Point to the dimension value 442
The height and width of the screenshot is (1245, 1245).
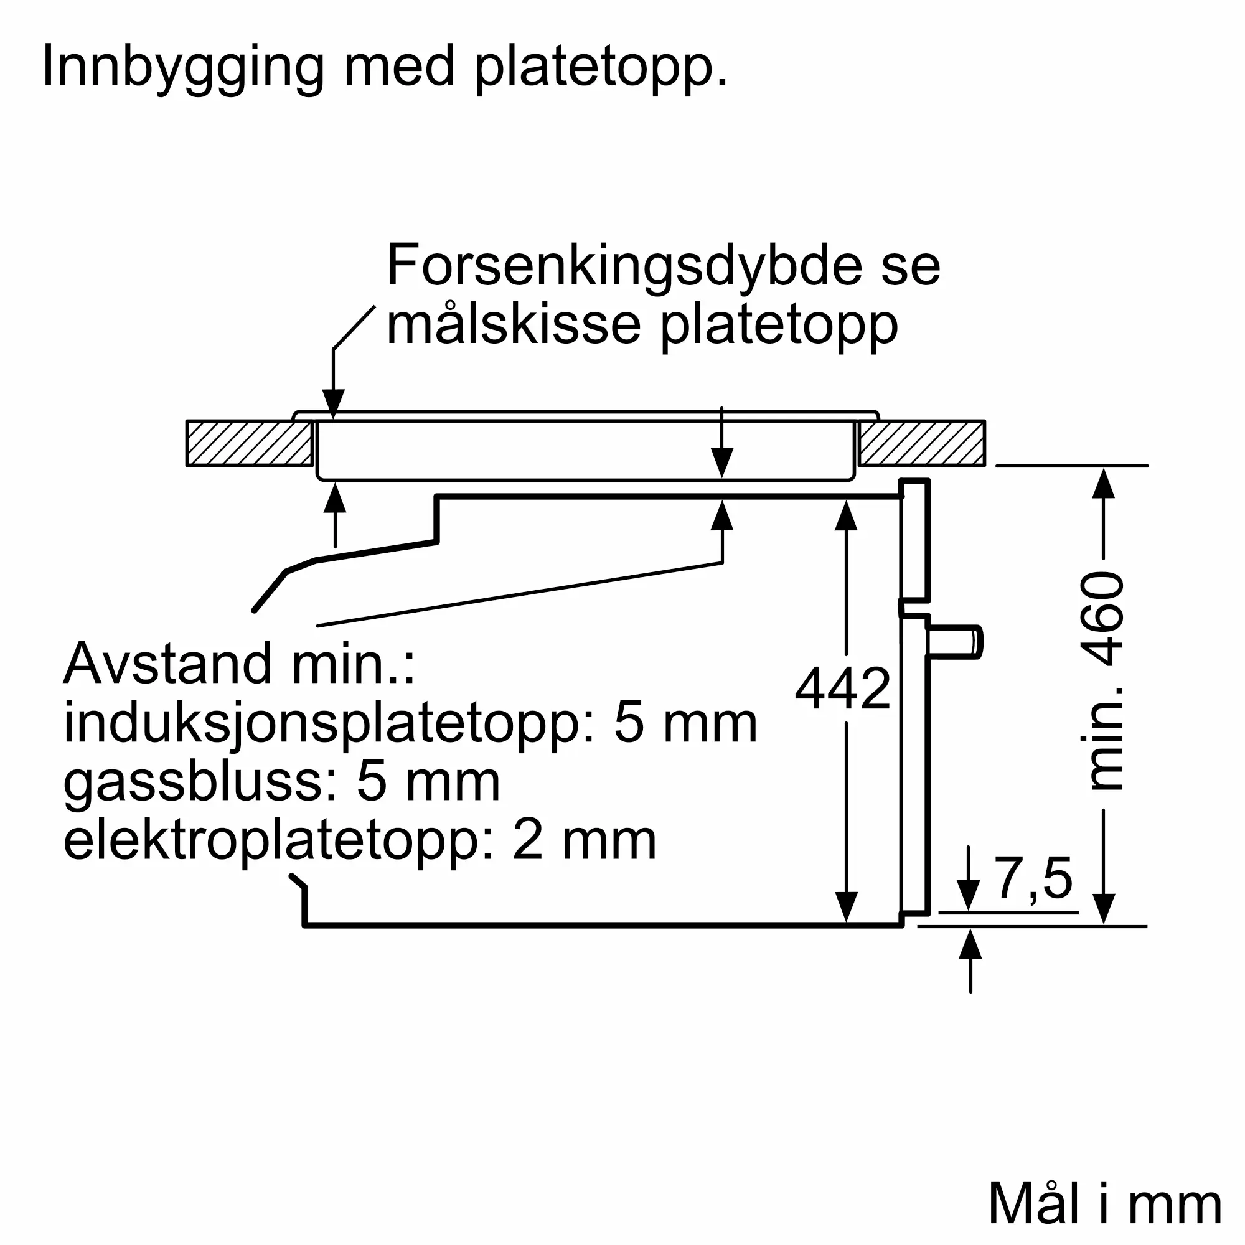tap(842, 689)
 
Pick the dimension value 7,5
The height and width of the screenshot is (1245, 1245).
tap(1033, 878)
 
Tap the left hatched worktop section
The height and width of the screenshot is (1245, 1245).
tap(250, 443)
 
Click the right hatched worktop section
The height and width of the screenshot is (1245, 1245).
tap(921, 443)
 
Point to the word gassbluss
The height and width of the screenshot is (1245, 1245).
tap(200, 782)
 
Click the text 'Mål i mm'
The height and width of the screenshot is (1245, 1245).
tap(1104, 1204)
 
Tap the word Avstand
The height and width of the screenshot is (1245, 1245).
tap(167, 664)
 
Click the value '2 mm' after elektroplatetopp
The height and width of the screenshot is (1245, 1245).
tap(584, 840)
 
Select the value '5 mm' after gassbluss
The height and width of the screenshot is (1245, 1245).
tap(428, 782)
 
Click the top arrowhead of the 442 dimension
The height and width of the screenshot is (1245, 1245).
tap(845, 516)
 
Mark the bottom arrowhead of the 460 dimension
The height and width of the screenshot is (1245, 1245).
tap(1104, 908)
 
